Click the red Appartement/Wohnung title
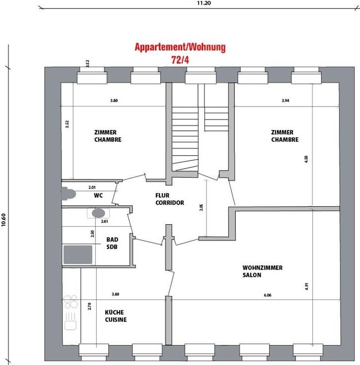click(x=180, y=47)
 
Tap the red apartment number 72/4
click(x=180, y=60)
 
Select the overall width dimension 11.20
click(x=204, y=3)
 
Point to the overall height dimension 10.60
click(x=3, y=220)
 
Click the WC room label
click(x=98, y=195)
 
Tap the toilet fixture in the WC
click(x=69, y=194)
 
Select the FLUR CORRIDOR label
click(x=170, y=199)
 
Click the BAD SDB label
click(x=112, y=243)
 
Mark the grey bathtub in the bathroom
click(x=78, y=254)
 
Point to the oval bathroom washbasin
click(x=98, y=213)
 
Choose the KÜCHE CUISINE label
click(x=116, y=316)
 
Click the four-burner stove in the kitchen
click(x=71, y=302)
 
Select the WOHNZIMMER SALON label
click(x=262, y=271)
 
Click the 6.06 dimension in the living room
click(x=268, y=295)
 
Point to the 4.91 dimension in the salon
click(x=307, y=286)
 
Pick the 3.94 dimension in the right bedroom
click(x=286, y=101)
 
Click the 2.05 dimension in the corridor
click(x=201, y=207)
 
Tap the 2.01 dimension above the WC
click(x=92, y=187)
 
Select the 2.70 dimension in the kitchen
click(x=89, y=306)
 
